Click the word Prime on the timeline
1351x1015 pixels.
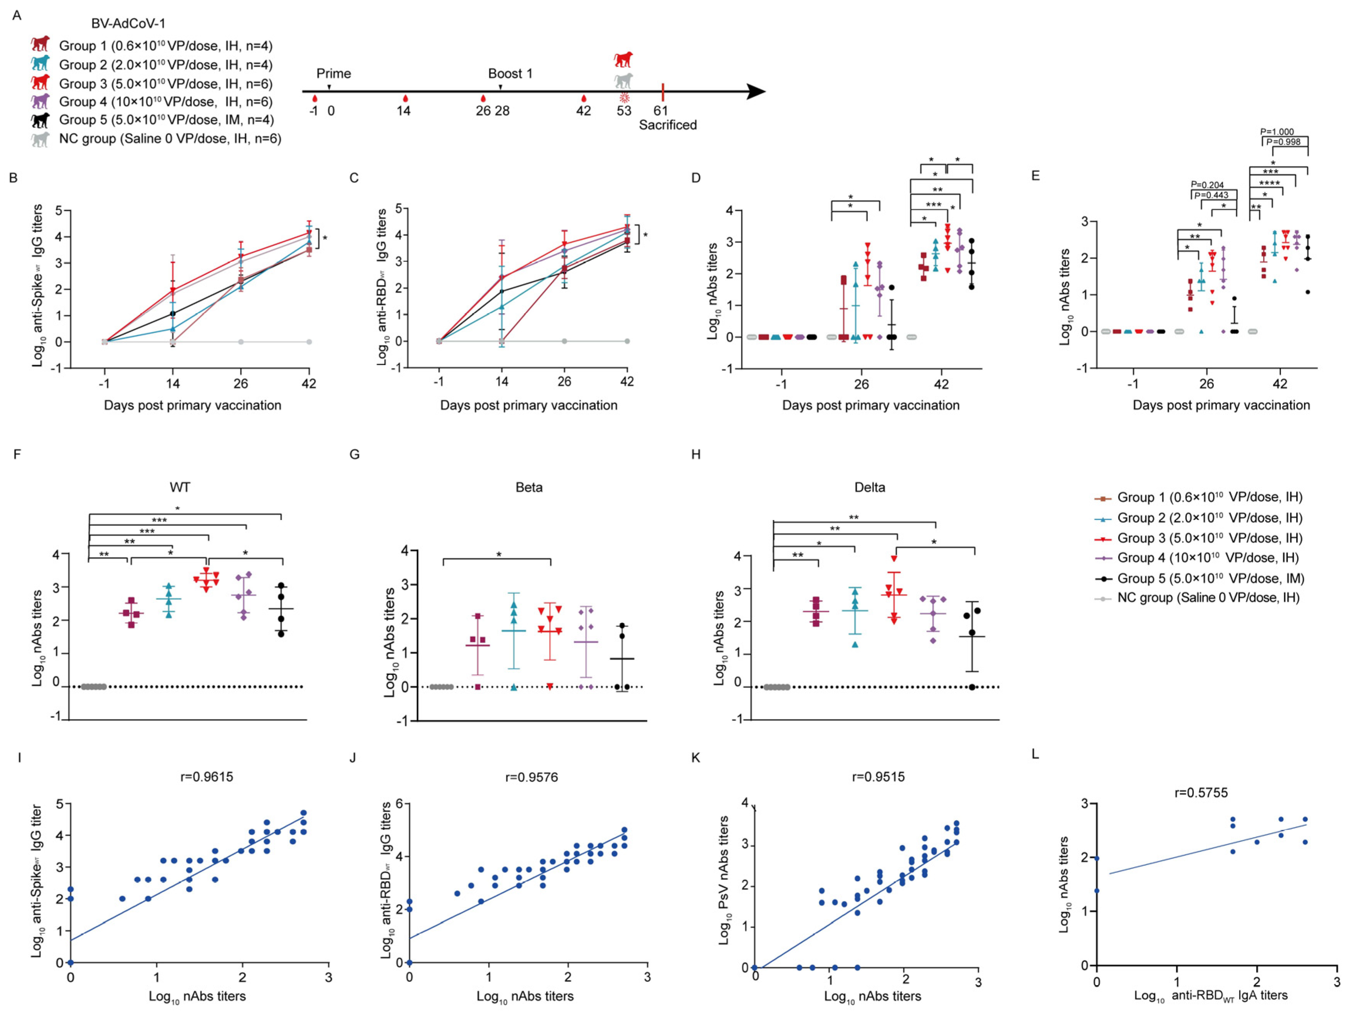point(333,74)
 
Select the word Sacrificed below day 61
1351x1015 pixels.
point(667,125)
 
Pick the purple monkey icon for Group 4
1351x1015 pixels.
point(40,101)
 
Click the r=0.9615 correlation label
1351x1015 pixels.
point(207,777)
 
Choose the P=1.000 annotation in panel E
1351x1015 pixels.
point(1277,132)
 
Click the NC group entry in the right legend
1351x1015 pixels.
point(1208,598)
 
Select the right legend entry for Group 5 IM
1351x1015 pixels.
point(1210,578)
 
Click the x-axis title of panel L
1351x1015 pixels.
point(1210,995)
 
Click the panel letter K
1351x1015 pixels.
point(696,758)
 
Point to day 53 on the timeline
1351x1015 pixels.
point(623,111)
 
